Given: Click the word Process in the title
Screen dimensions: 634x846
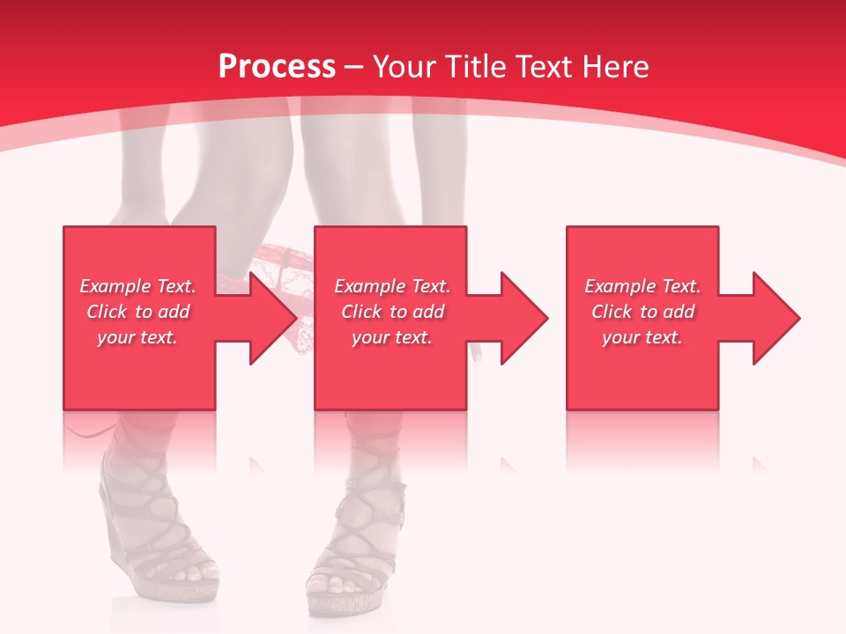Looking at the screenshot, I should point(277,67).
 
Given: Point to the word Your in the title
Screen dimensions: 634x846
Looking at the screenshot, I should point(405,67).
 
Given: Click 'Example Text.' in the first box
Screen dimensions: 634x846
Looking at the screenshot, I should point(137,286).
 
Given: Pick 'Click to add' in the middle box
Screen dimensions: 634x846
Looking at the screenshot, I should point(392,312).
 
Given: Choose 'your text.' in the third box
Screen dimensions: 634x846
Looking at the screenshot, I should point(642,337).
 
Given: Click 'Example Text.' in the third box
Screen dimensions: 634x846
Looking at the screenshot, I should point(642,286).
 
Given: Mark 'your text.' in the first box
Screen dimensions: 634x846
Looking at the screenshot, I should point(137,337).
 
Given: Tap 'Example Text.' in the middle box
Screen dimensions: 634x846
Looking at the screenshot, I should point(392,286).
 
